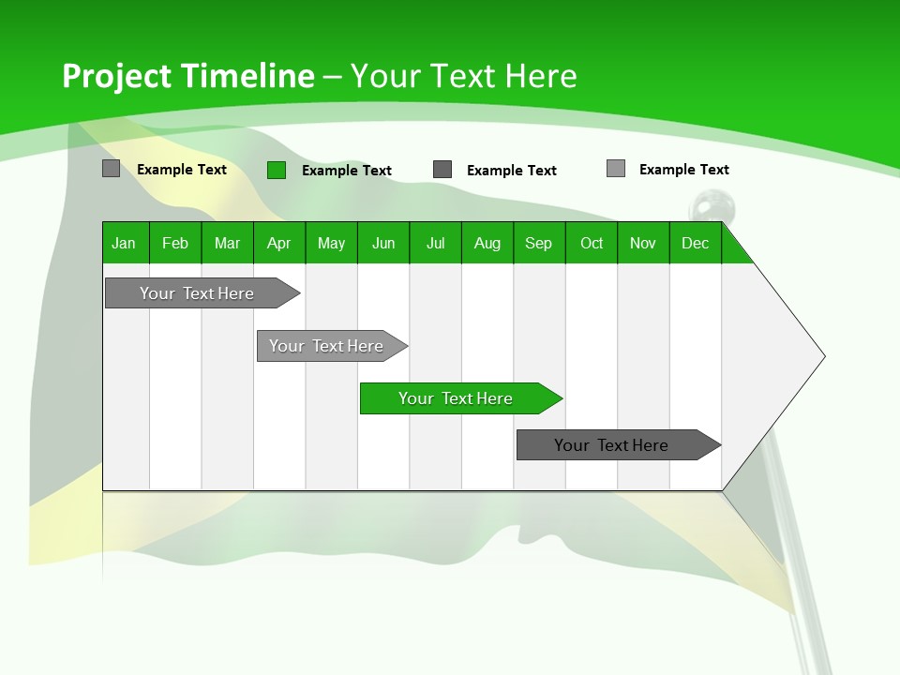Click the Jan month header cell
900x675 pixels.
(125, 243)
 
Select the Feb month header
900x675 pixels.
(175, 243)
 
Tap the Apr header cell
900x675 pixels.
(279, 243)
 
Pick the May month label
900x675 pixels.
(331, 243)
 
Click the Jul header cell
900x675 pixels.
(435, 243)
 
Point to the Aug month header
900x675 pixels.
(487, 243)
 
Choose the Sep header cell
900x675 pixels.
(539, 243)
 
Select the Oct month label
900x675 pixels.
(592, 243)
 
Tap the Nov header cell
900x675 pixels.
(643, 243)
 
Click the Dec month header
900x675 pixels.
(696, 243)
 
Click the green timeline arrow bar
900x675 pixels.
(459, 398)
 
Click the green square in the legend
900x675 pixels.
(277, 170)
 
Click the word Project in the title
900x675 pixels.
(117, 76)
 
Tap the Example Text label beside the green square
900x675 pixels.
(347, 171)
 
